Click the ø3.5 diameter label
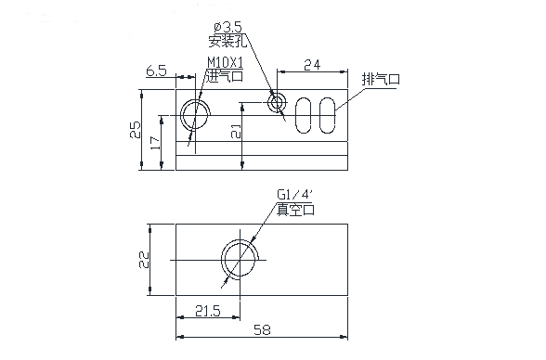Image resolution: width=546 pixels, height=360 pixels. pyautogui.click(x=227, y=27)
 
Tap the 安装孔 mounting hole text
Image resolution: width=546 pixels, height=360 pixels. pyautogui.click(x=227, y=41)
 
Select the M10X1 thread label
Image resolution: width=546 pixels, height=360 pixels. pyautogui.click(x=226, y=62)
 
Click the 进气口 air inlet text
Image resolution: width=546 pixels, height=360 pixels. pyautogui.click(x=225, y=76)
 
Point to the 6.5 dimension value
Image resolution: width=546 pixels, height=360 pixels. pyautogui.click(x=156, y=71)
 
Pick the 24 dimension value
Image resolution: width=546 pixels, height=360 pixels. pyautogui.click(x=312, y=65)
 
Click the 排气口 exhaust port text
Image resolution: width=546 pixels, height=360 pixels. pyautogui.click(x=381, y=79)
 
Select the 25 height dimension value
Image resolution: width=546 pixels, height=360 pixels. pyautogui.click(x=136, y=129)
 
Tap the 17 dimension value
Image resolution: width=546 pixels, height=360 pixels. pyautogui.click(x=155, y=143)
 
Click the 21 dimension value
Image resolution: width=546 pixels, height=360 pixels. pyautogui.click(x=236, y=132)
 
